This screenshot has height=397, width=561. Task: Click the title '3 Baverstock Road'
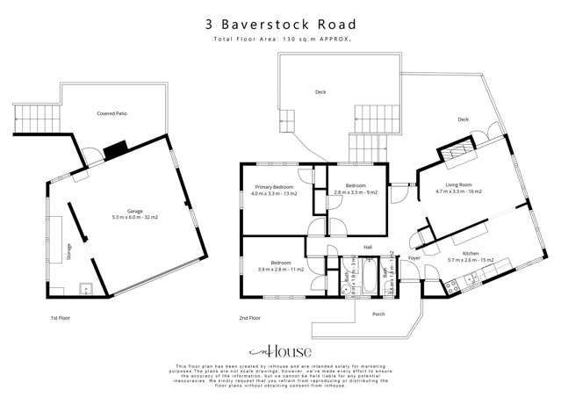[x=280, y=25]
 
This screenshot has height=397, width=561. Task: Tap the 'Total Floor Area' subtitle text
[x=280, y=40]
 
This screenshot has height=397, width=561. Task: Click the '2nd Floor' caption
[x=249, y=318]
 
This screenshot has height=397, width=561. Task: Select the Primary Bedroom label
[x=274, y=190]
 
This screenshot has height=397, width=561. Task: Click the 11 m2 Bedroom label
[x=280, y=265]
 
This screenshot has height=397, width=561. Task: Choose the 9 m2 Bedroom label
[x=355, y=189]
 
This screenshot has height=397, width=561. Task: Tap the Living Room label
[x=457, y=187]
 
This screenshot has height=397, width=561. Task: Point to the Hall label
[x=368, y=247]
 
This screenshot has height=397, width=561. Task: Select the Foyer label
[x=414, y=258]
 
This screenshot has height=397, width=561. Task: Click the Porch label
[x=379, y=314]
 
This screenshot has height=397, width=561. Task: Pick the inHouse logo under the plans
[x=280, y=349]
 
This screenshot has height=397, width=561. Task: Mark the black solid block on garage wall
[x=115, y=150]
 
